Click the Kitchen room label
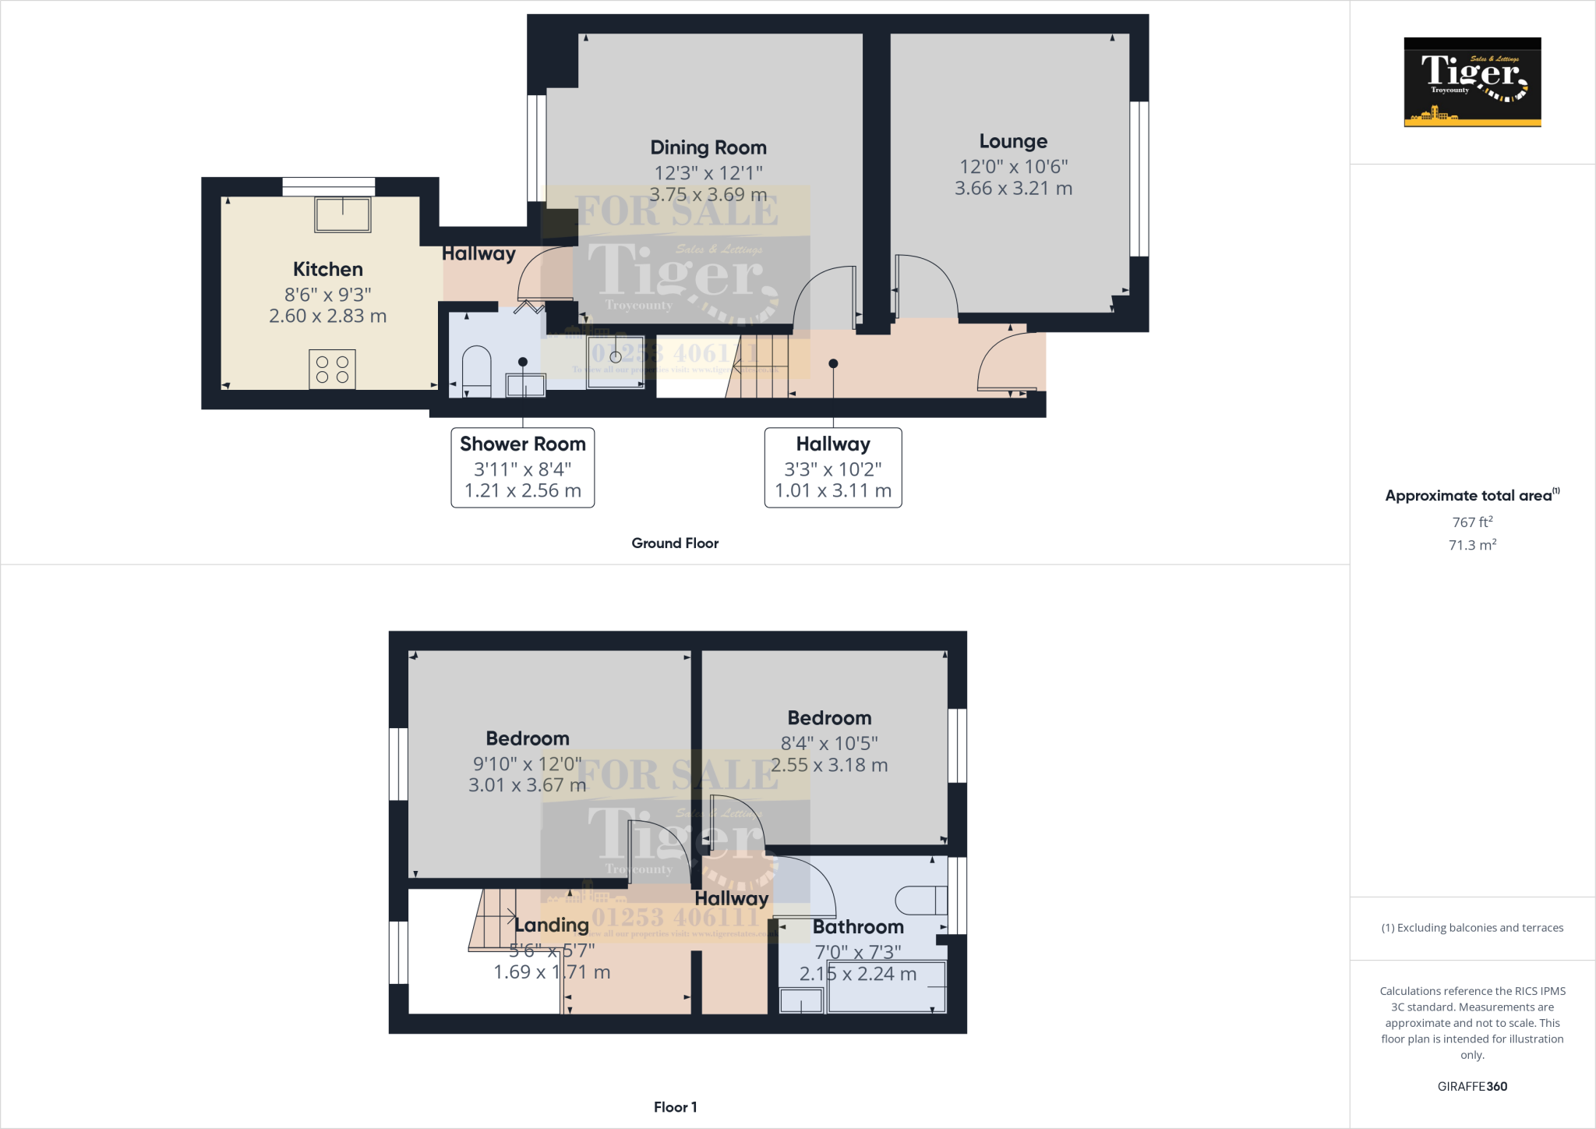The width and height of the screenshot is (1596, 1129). click(x=327, y=269)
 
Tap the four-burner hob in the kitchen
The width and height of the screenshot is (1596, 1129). click(x=333, y=370)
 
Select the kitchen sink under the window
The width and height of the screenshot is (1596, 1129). click(x=343, y=214)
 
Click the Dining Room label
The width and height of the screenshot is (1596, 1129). click(x=708, y=147)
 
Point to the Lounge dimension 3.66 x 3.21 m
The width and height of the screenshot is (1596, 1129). click(x=1013, y=189)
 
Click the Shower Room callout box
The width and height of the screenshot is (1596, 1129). click(x=522, y=467)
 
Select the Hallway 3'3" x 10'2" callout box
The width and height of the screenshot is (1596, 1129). click(x=832, y=467)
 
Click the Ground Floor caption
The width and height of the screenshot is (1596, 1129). click(x=675, y=543)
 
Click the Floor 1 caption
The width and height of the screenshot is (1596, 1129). click(x=675, y=1107)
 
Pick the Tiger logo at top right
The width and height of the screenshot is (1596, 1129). click(x=1472, y=82)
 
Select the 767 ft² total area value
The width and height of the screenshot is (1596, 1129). click(x=1472, y=522)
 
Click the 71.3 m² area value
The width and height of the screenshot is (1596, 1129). click(x=1472, y=545)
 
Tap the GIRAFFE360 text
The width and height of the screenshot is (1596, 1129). click(x=1472, y=1086)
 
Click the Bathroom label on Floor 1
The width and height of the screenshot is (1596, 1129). click(x=858, y=927)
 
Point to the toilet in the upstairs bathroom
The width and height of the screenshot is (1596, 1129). click(x=920, y=901)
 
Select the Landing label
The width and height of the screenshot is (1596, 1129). click(x=551, y=925)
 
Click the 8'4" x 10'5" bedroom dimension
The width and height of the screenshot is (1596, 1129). click(x=829, y=744)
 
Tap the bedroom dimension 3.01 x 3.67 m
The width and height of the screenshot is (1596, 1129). click(x=527, y=786)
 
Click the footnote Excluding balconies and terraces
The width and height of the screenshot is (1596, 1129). click(x=1472, y=928)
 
